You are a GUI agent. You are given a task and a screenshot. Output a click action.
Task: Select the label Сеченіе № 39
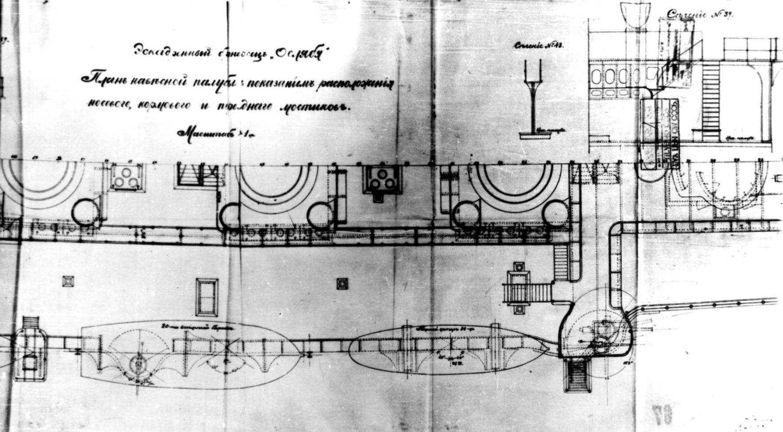pos(700,15)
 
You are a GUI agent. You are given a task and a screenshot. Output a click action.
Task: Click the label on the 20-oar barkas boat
pos(195,326)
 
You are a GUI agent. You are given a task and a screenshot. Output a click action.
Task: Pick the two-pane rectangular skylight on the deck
pos(207,297)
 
